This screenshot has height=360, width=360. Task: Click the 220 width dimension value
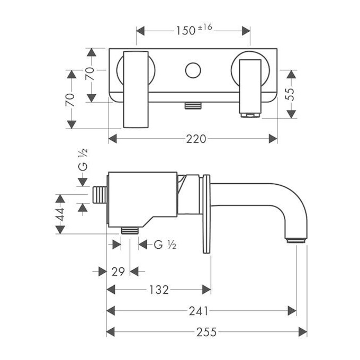pos(196,139)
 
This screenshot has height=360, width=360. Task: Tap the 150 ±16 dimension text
pos(194,30)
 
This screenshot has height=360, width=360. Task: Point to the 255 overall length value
pos(206,332)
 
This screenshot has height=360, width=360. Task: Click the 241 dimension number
pos(199,311)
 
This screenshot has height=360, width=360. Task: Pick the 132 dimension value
pos(159,290)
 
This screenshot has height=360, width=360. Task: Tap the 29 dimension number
pos(118,272)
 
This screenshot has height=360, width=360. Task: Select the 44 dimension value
pos(60,214)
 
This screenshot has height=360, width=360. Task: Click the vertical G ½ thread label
pos(83,160)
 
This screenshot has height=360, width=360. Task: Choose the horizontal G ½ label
pos(165,245)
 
